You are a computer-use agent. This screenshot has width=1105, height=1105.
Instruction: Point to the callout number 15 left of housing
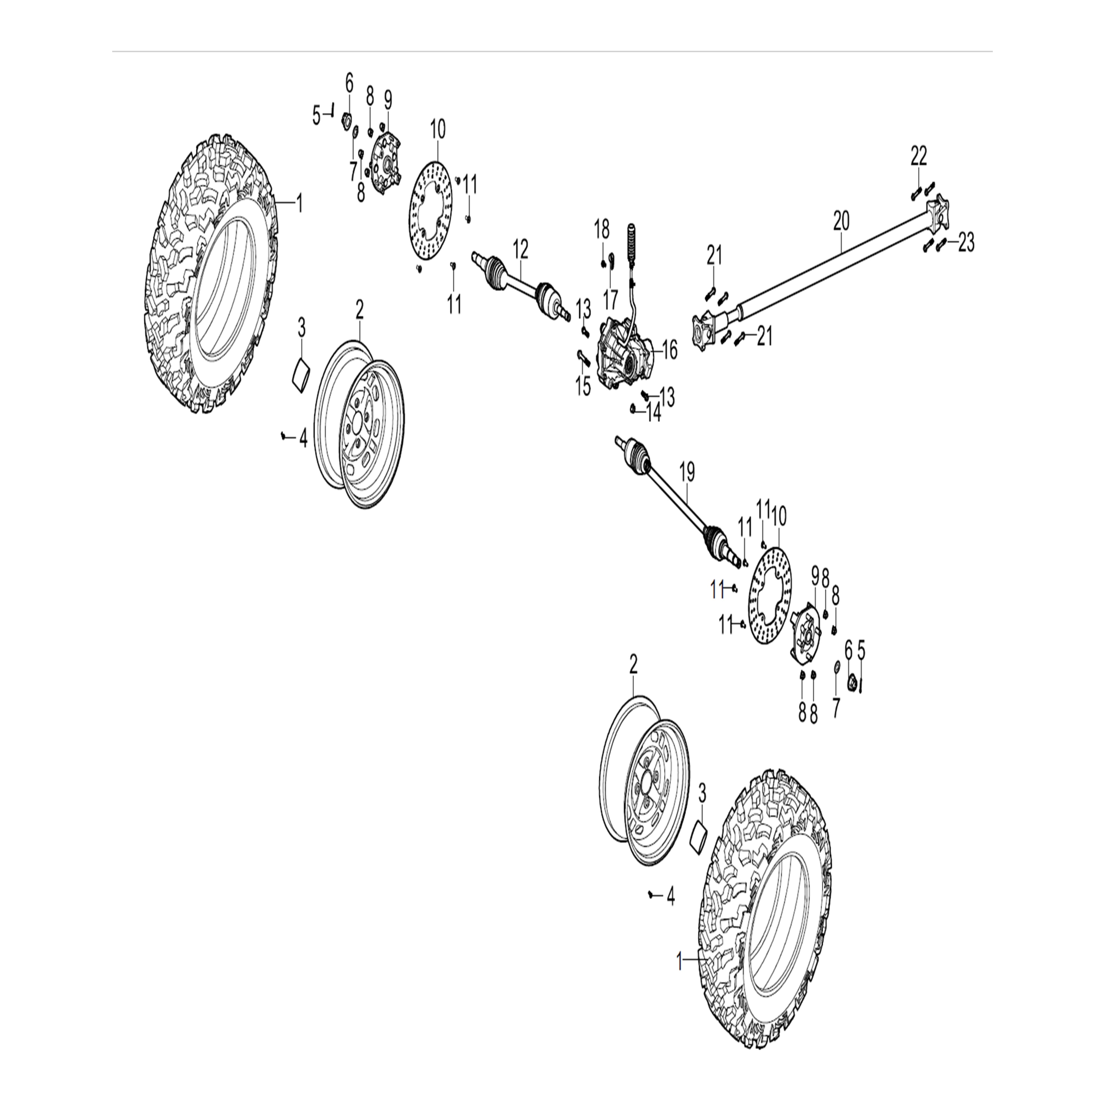click(x=583, y=387)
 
